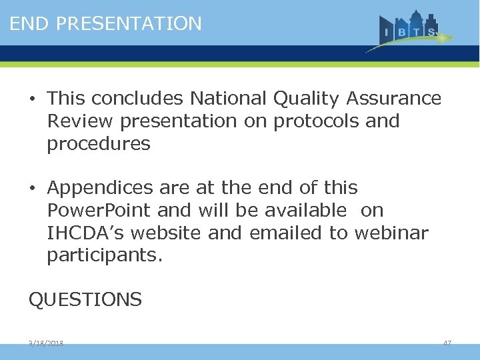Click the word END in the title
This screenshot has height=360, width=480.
pos(30,24)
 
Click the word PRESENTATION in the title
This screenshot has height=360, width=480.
pos(129,24)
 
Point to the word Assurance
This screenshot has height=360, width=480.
pos(394,99)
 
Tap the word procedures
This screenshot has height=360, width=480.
pos(99,144)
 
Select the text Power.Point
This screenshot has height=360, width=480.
pos(99,211)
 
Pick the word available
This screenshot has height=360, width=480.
pos(306,211)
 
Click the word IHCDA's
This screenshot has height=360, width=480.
pos(79,233)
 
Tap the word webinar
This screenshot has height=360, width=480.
pos(391,233)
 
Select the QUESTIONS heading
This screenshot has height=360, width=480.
pos(85,300)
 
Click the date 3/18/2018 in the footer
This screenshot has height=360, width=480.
pos(46,343)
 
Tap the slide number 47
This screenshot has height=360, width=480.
pos(447,343)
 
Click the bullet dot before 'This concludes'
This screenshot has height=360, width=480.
pos(32,99)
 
